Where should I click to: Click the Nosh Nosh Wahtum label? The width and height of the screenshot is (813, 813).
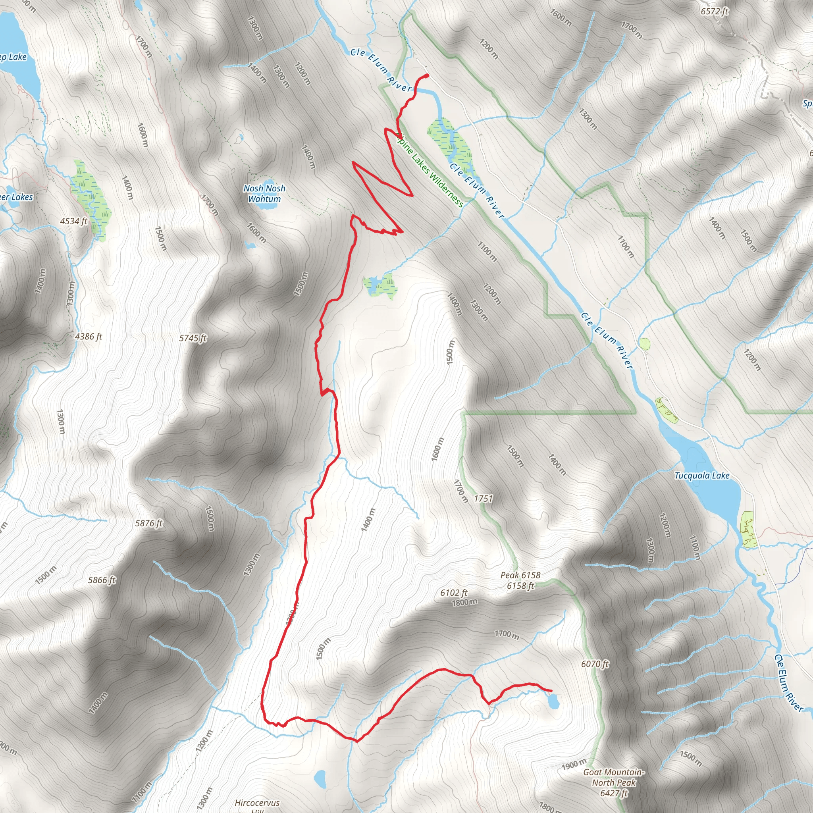click(x=264, y=194)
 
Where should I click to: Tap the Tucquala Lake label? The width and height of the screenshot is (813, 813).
click(x=702, y=476)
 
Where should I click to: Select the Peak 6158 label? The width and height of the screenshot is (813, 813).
click(x=520, y=575)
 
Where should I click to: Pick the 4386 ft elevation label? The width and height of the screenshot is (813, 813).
click(x=89, y=337)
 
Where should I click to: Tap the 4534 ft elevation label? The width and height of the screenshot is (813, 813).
click(x=74, y=221)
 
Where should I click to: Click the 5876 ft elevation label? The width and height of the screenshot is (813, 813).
click(x=149, y=523)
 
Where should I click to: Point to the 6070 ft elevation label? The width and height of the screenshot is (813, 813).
click(x=595, y=664)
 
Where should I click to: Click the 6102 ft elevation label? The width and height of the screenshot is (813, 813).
click(x=454, y=593)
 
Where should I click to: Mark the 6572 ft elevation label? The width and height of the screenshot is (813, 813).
click(x=714, y=12)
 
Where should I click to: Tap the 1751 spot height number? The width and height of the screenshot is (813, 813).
click(x=483, y=499)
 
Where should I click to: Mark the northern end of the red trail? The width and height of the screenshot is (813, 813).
click(x=427, y=75)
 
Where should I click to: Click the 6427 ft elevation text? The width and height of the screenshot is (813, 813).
click(x=614, y=793)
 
